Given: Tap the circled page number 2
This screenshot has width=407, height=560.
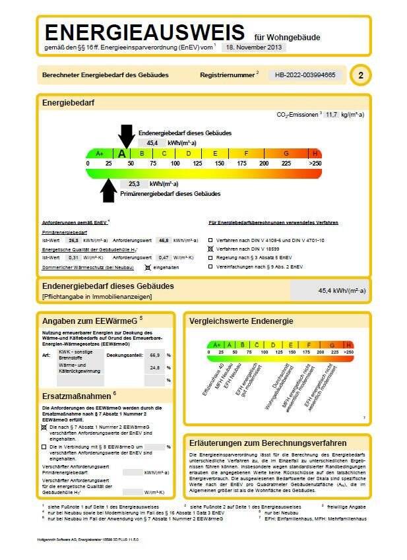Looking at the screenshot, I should click(x=360, y=76).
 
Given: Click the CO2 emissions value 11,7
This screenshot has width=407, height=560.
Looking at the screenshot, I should click(x=330, y=114).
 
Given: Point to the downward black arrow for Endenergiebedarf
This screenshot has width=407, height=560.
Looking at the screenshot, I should click(x=125, y=137).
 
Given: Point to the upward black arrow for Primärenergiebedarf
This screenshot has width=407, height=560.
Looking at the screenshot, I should click(x=108, y=189).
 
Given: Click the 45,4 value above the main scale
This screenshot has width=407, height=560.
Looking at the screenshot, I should click(x=152, y=142).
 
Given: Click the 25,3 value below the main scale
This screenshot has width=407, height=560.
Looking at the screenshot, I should click(x=135, y=184).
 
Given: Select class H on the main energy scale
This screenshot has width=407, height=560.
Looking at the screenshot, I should click(x=315, y=153).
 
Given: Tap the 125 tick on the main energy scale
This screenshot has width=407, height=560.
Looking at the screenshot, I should click(x=197, y=163).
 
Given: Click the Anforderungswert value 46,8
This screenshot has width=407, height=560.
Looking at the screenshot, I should click(x=163, y=241).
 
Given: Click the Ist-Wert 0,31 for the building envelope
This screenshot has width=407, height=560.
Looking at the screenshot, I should click(x=73, y=257).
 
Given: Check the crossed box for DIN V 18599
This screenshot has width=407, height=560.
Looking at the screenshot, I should click(x=211, y=249).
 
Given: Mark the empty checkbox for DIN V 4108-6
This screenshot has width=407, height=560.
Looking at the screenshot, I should click(x=211, y=241).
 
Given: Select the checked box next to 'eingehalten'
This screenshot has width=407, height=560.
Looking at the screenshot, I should click(x=148, y=267).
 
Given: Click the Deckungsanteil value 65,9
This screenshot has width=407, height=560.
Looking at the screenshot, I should click(x=156, y=355).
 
